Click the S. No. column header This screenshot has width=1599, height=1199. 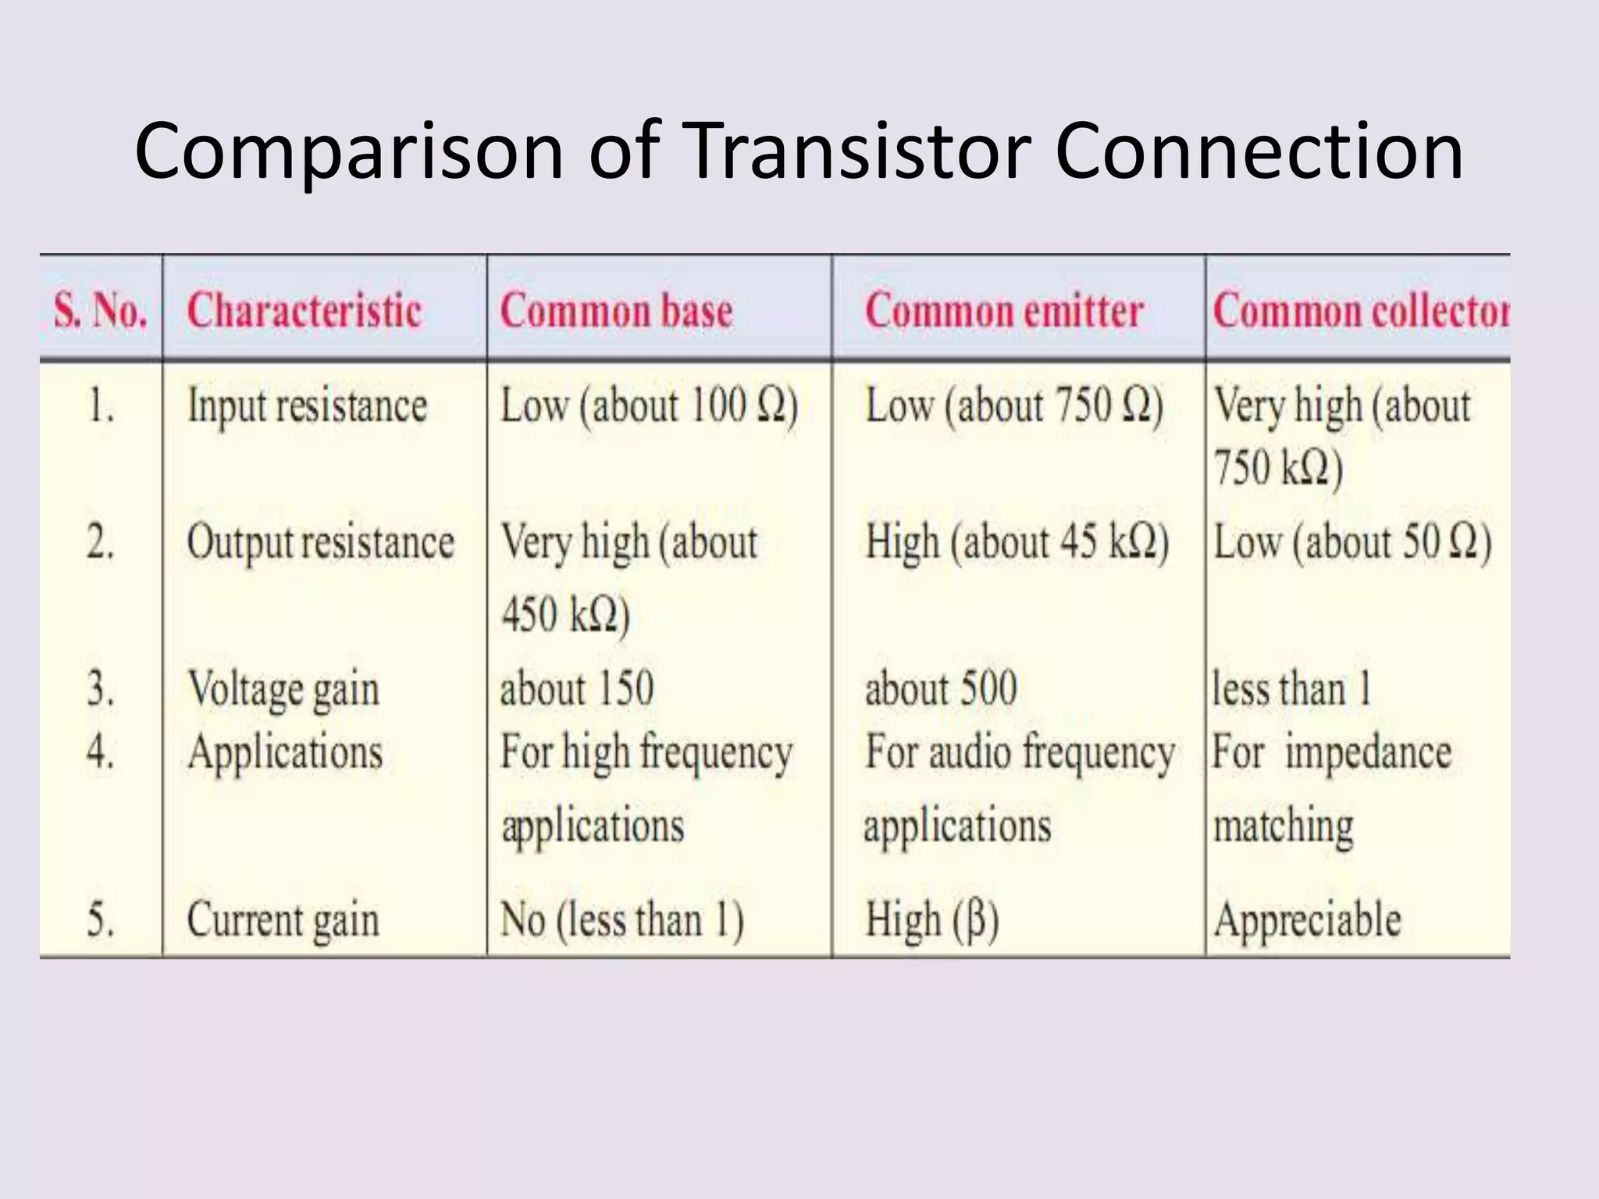tap(100, 311)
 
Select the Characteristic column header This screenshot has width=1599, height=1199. tap(304, 311)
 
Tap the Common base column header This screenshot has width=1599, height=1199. tap(616, 311)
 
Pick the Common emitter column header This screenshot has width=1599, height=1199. tap(1004, 311)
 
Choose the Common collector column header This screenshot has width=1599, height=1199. tap(1360, 311)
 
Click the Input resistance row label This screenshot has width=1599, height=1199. tap(307, 407)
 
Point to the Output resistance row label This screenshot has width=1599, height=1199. tap(320, 543)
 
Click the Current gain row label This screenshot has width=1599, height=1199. tap(283, 920)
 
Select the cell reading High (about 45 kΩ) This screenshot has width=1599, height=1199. tap(1017, 543)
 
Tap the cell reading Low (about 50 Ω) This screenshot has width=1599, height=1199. tap(1351, 543)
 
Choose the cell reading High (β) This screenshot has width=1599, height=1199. tap(931, 920)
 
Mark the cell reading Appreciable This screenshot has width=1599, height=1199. tap(1307, 920)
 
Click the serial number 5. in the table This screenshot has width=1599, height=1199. tap(101, 920)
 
